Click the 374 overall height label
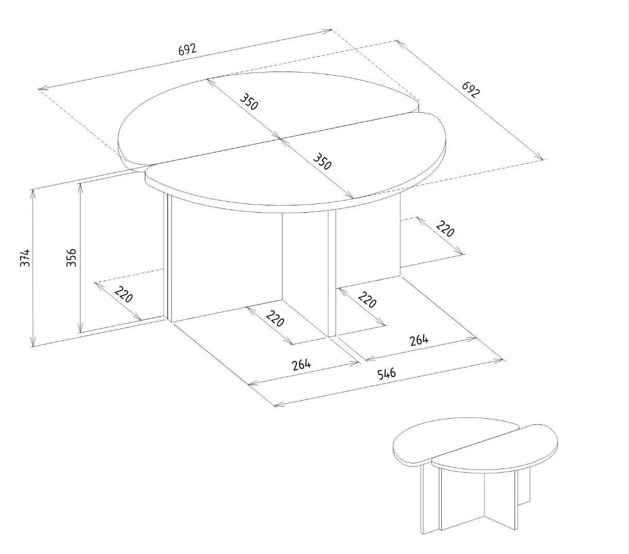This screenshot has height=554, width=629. (x=25, y=257)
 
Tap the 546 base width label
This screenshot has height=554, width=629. (x=386, y=373)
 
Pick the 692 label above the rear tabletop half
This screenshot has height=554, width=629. (x=187, y=49)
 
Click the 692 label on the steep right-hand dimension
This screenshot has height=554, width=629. (x=470, y=89)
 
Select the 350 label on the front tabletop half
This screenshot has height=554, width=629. (x=322, y=161)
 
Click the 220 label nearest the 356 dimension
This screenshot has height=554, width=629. (x=124, y=295)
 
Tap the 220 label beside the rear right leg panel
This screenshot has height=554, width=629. (x=445, y=229)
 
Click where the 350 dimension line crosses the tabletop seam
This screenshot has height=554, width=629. (x=280, y=138)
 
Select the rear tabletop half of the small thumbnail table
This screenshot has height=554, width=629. (x=443, y=440)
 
